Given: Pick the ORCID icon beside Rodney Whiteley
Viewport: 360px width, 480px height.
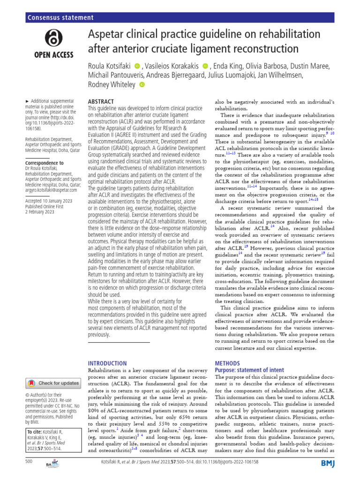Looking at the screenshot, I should coord(142,85).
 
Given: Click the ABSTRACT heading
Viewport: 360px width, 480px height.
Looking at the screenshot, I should coord(101,102).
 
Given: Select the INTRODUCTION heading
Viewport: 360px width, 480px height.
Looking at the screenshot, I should coord(107,363).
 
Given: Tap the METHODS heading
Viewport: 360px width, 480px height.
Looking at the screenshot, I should coord(227,363).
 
